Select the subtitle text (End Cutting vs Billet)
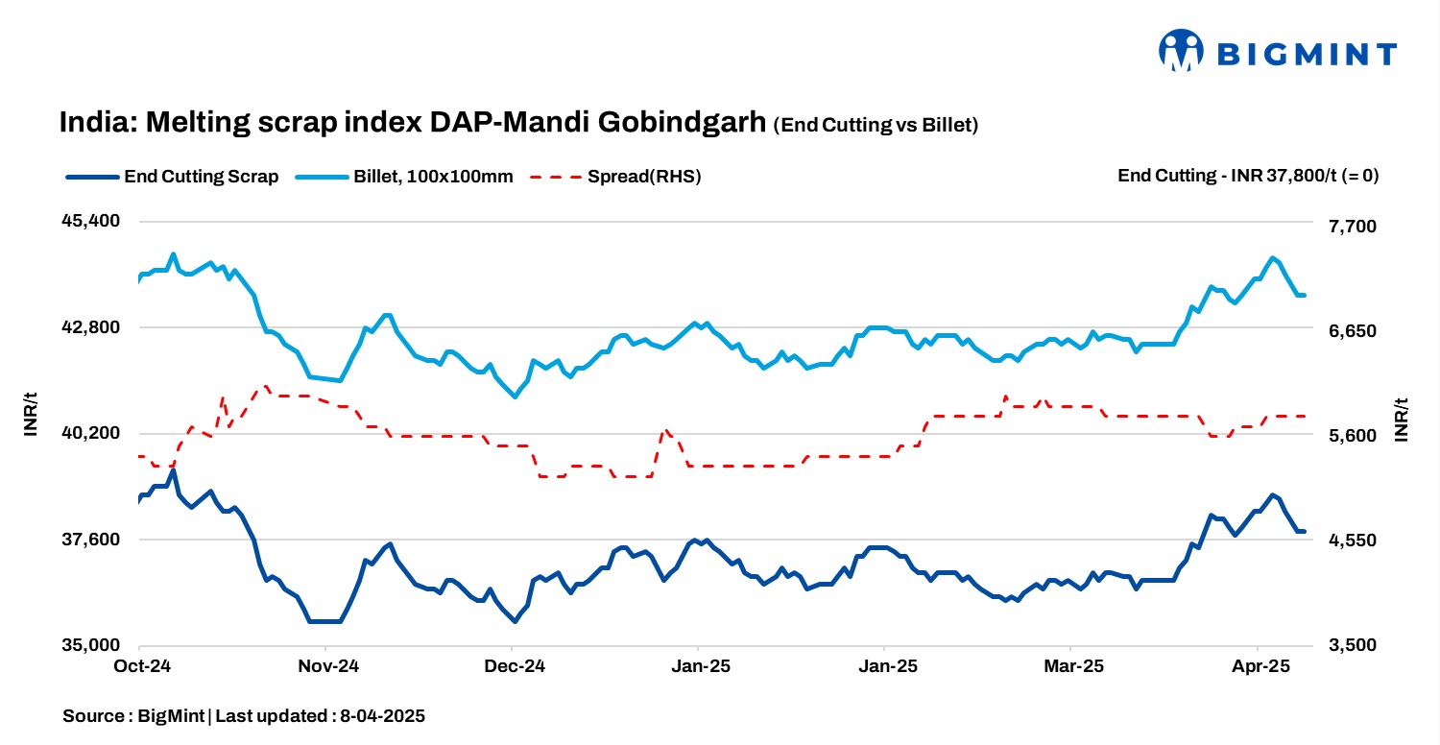point(876,125)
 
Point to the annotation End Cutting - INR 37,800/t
point(1248,176)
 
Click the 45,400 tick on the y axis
point(91,221)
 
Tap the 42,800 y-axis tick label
point(91,327)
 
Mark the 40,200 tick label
point(91,433)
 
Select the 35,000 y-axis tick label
point(91,645)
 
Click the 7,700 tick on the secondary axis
point(1349,227)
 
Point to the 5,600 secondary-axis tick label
point(1349,436)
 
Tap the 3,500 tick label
point(1349,645)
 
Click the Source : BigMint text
point(134,716)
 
